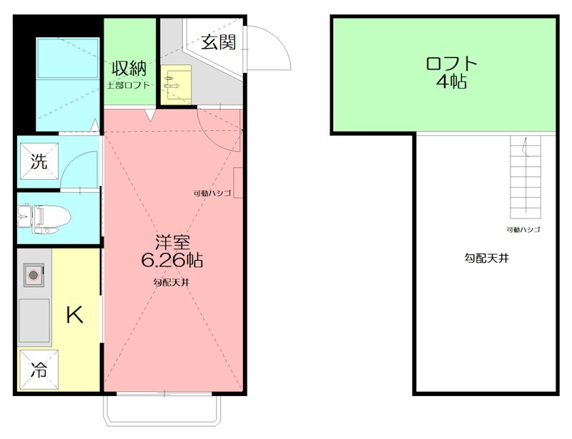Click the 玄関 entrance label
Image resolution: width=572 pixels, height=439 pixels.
(x=218, y=42)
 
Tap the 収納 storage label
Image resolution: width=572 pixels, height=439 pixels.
(x=129, y=69)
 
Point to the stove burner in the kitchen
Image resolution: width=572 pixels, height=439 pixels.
(x=33, y=274)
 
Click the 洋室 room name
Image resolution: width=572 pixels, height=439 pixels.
(x=172, y=241)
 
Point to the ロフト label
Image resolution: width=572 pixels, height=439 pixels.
(x=450, y=63)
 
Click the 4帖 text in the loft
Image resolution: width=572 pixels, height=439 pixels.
(x=451, y=82)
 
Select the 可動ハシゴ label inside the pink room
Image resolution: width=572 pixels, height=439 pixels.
(x=212, y=193)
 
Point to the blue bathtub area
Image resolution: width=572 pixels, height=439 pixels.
(x=67, y=58)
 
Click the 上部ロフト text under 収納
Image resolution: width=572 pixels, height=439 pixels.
(x=129, y=85)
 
